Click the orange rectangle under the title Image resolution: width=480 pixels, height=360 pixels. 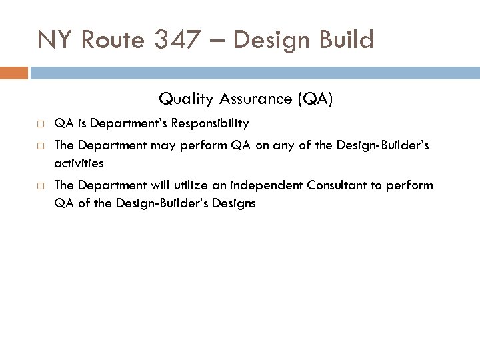click(13, 73)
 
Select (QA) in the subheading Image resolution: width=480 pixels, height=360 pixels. click(315, 100)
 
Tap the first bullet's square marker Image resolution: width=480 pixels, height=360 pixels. click(41, 124)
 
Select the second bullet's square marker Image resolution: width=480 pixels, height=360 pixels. click(41, 145)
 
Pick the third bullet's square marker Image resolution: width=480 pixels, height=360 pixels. click(41, 185)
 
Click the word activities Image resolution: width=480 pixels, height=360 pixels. click(79, 163)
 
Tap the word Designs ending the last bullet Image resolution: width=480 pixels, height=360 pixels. click(233, 203)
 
